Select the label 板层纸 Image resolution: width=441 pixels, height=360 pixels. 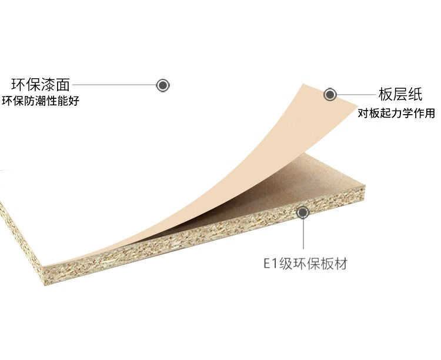400,95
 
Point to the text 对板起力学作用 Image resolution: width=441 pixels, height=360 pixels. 396,113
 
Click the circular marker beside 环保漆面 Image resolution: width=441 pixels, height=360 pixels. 163,85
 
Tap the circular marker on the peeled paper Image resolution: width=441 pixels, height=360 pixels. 330,94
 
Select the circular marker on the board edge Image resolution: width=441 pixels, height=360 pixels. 303,212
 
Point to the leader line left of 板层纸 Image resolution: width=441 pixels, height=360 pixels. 356,94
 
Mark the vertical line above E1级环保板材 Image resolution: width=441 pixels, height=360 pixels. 303,235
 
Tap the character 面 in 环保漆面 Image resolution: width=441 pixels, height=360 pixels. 62,84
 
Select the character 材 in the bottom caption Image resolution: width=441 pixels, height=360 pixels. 340,263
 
